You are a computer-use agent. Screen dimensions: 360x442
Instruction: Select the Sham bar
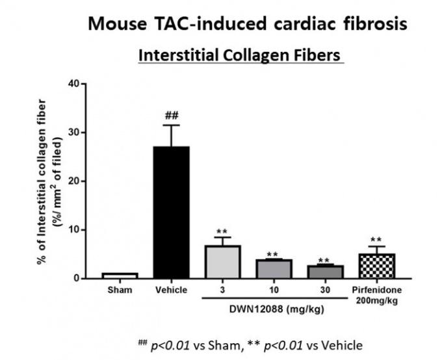tap(119, 276)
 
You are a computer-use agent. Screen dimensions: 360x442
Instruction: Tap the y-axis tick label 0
tap(83, 278)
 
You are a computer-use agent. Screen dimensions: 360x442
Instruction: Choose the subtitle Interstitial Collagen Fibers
tap(240, 56)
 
